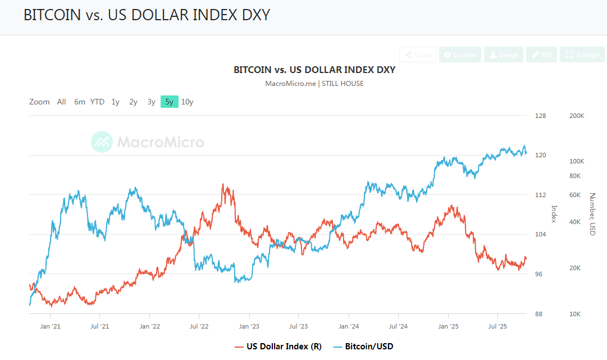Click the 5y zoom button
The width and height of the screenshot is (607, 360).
[x=169, y=102]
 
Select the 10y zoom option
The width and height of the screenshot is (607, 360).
[x=188, y=102]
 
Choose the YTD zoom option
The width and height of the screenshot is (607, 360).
[x=97, y=102]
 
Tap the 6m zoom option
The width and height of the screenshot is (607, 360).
[x=80, y=102]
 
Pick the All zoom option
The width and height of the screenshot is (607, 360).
[x=61, y=102]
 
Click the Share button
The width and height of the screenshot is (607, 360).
[x=418, y=54]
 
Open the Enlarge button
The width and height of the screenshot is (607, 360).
[x=582, y=54]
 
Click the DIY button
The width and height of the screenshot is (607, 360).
[x=541, y=54]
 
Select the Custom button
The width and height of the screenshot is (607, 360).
[x=459, y=54]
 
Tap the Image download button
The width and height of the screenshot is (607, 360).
[x=503, y=54]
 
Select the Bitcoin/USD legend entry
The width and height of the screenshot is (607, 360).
[x=363, y=346]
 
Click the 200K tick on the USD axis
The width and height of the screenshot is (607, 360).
[x=577, y=116]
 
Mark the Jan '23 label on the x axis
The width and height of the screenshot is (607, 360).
[x=248, y=326]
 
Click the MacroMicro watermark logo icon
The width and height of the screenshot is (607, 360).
[x=102, y=142]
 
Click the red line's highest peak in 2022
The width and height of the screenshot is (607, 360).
[x=223, y=184]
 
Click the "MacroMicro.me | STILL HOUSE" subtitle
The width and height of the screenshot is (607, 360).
[x=314, y=84]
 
